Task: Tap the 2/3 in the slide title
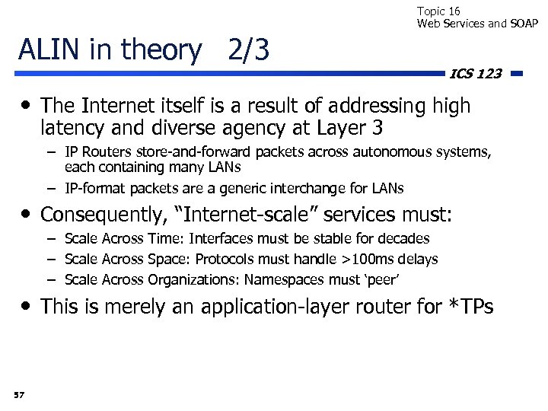click(248, 50)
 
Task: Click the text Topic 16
click(438, 11)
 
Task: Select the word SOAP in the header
click(524, 24)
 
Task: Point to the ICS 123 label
click(476, 74)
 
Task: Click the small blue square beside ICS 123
click(517, 74)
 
